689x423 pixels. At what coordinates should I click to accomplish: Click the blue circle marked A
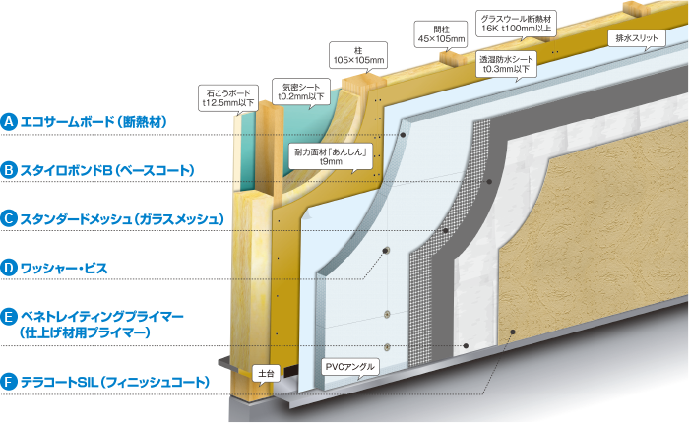click(9, 122)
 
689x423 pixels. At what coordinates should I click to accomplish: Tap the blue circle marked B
click(9, 170)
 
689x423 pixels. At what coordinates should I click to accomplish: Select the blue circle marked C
click(9, 218)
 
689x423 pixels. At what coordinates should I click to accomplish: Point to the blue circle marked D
click(9, 267)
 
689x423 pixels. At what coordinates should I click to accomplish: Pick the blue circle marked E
click(9, 316)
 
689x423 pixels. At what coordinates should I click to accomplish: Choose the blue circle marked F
click(9, 380)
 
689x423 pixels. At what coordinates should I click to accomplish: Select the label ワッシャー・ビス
click(69, 267)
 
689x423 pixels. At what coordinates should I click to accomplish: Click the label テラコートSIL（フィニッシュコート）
click(113, 380)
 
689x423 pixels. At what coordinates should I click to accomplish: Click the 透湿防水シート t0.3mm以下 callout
click(505, 64)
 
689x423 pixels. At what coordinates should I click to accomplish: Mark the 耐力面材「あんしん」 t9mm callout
click(331, 155)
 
